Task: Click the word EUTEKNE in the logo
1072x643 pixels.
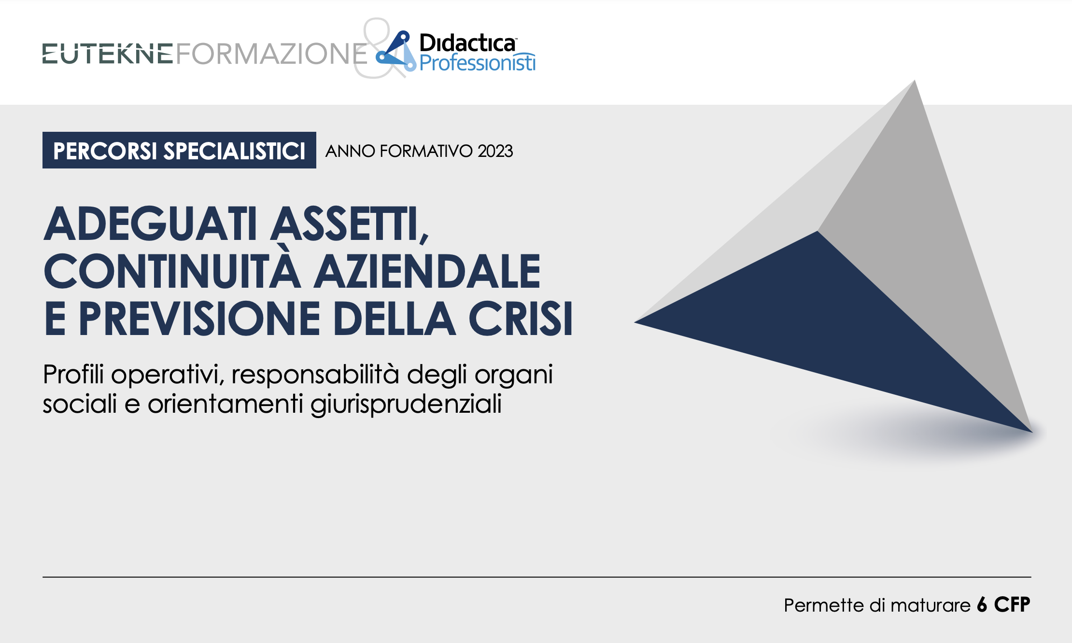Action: click(108, 54)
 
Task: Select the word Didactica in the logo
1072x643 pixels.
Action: click(467, 43)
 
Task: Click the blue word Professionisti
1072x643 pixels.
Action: click(478, 63)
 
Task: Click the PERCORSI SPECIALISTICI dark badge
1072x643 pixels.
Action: click(179, 150)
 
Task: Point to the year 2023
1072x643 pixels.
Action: click(495, 151)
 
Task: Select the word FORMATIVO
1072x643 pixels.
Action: click(426, 151)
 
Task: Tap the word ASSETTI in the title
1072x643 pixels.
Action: click(350, 224)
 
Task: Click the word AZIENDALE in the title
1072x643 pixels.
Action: click(427, 271)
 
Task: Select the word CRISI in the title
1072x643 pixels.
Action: click(521, 318)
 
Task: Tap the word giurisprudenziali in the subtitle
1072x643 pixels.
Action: click(406, 405)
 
